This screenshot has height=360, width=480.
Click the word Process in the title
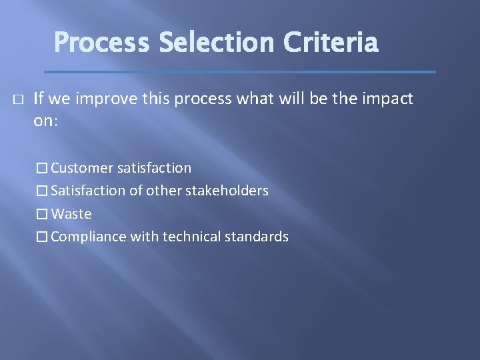coord(102,43)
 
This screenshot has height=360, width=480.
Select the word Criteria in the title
coord(331,43)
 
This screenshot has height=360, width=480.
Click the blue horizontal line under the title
coord(240,71)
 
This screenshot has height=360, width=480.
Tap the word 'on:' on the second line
coord(47,122)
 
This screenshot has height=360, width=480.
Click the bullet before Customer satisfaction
coord(43,168)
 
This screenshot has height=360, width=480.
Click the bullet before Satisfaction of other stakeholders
coord(43,191)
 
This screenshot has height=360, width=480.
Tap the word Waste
coord(71,214)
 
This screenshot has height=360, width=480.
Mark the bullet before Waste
coord(43,214)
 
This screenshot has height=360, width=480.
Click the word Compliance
coord(88,237)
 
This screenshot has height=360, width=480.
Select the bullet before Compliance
coord(43,237)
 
